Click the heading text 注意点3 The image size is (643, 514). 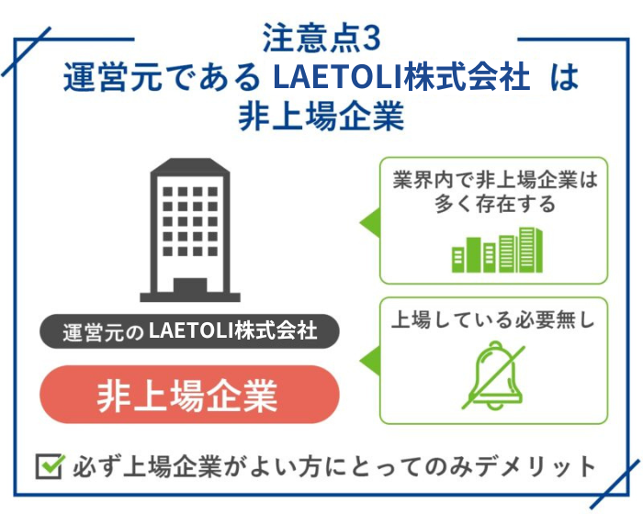[x=321, y=39]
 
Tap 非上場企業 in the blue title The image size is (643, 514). [x=321, y=117]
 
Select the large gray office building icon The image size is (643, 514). [x=190, y=229]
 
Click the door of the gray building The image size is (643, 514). [x=190, y=285]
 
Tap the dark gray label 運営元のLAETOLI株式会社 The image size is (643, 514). [x=189, y=331]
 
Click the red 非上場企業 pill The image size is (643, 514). [x=189, y=395]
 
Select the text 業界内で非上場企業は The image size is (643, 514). [x=494, y=180]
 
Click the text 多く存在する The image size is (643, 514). [x=494, y=204]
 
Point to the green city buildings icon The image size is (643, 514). [x=497, y=250]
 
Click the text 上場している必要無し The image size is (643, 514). [x=493, y=319]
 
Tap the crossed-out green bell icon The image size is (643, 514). [x=494, y=376]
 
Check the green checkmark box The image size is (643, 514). [x=50, y=466]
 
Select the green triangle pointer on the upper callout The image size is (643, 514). [x=369, y=222]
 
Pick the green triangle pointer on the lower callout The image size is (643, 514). [x=369, y=361]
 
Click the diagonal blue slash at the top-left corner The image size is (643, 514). [x=26, y=51]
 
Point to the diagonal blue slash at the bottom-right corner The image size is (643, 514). [x=615, y=484]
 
